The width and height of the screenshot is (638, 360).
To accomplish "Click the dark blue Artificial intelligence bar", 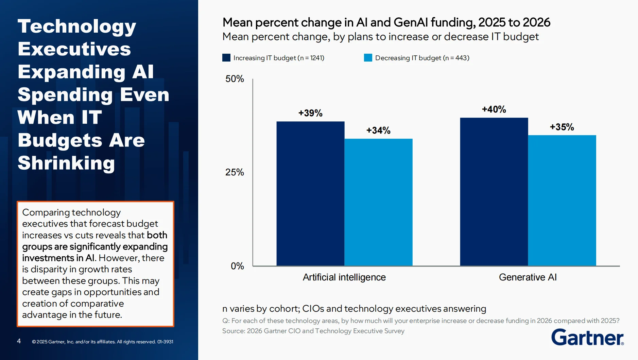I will point(310,194).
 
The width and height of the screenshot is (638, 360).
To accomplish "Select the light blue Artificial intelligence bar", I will point(378,202).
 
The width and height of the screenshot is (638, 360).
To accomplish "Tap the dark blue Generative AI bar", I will point(494,192).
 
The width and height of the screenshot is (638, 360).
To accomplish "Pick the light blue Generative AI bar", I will point(562,201).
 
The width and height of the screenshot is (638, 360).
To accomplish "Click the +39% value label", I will point(310,113).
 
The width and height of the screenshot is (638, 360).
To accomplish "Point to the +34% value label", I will point(378,131).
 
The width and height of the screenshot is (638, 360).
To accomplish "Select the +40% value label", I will point(494,109).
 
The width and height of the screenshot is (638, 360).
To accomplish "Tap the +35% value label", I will point(562,127).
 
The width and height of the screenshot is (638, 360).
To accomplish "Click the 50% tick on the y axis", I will point(235,79).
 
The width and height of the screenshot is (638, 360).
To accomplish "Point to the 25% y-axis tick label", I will point(235,172).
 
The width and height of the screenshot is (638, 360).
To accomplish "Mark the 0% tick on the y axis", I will point(237,266).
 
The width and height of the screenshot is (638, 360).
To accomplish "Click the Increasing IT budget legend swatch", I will point(226,58).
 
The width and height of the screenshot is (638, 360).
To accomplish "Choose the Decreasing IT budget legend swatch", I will point(368,58).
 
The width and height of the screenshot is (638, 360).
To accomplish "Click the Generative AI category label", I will point(528,277).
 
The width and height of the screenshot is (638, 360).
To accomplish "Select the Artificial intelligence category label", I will point(344,277).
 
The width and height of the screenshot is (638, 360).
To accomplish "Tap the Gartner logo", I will point(587,337).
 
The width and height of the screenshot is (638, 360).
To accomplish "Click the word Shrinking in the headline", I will point(66,163).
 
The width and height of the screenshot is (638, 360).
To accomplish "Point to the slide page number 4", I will point(19,341).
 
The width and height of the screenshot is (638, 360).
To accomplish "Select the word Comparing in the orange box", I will point(46,212).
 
